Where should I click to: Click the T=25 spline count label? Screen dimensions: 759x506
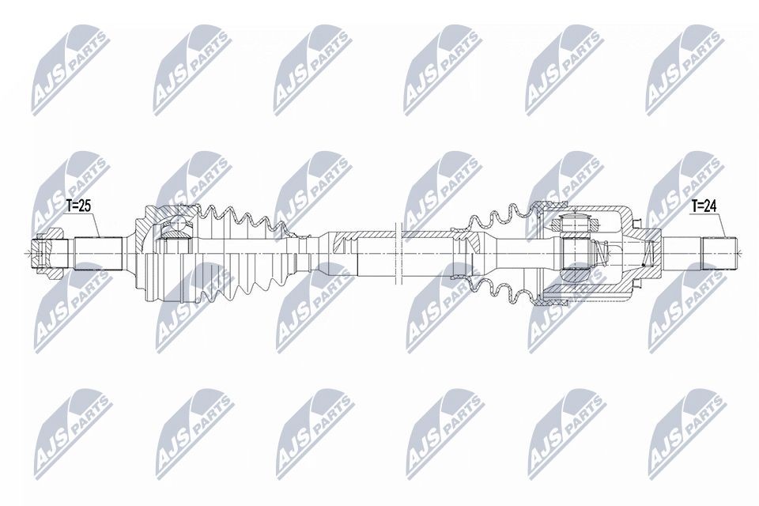point(77,207)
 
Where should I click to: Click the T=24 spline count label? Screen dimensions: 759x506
point(704,207)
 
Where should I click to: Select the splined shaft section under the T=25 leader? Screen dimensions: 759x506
point(98,253)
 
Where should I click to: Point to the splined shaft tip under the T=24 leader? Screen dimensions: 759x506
point(719,253)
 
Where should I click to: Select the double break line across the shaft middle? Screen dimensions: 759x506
point(399,253)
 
